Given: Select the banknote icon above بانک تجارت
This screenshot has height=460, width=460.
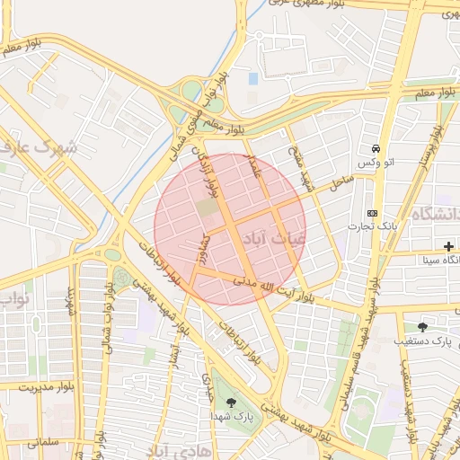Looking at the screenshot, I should point(372,213).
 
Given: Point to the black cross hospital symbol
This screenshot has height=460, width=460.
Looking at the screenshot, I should point(448,246).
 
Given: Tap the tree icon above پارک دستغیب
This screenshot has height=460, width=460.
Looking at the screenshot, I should point(422,327).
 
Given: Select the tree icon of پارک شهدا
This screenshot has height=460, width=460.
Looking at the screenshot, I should point(232,403).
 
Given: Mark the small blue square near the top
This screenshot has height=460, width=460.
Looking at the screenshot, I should point(252,79).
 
